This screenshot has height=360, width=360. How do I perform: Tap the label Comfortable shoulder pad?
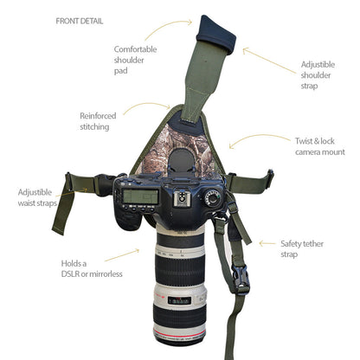point(136,61)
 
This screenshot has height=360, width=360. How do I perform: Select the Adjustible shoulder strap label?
point(317,75)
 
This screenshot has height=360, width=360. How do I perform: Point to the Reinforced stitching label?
point(98,120)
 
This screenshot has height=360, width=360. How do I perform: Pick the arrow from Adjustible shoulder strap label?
point(264,55)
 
